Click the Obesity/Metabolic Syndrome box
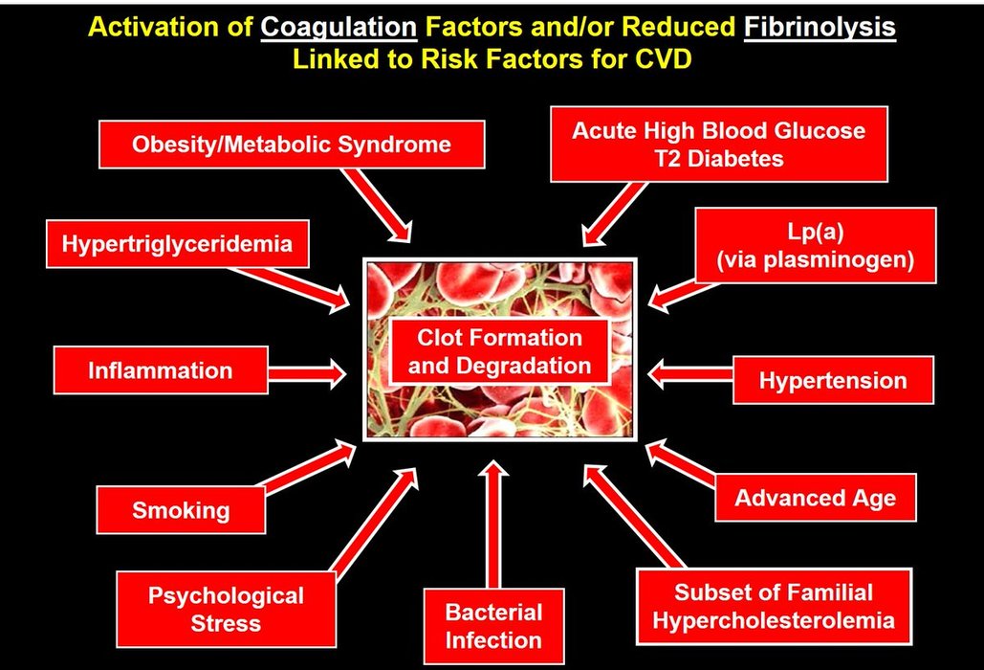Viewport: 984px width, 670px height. tap(292, 145)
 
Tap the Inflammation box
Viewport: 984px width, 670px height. tap(160, 370)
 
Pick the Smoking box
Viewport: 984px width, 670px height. tap(181, 509)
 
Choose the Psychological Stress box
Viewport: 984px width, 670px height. tap(225, 610)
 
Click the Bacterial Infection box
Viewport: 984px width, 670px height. tap(493, 626)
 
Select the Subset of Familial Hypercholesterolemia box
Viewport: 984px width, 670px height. tap(773, 606)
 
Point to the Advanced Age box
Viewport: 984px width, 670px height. tap(815, 498)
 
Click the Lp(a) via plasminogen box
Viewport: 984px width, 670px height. tap(816, 246)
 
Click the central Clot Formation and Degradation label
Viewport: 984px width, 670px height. tap(498, 351)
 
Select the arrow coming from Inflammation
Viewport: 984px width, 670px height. tap(305, 370)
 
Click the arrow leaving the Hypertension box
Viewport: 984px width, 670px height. tap(689, 370)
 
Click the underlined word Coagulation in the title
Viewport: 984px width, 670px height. tap(339, 27)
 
